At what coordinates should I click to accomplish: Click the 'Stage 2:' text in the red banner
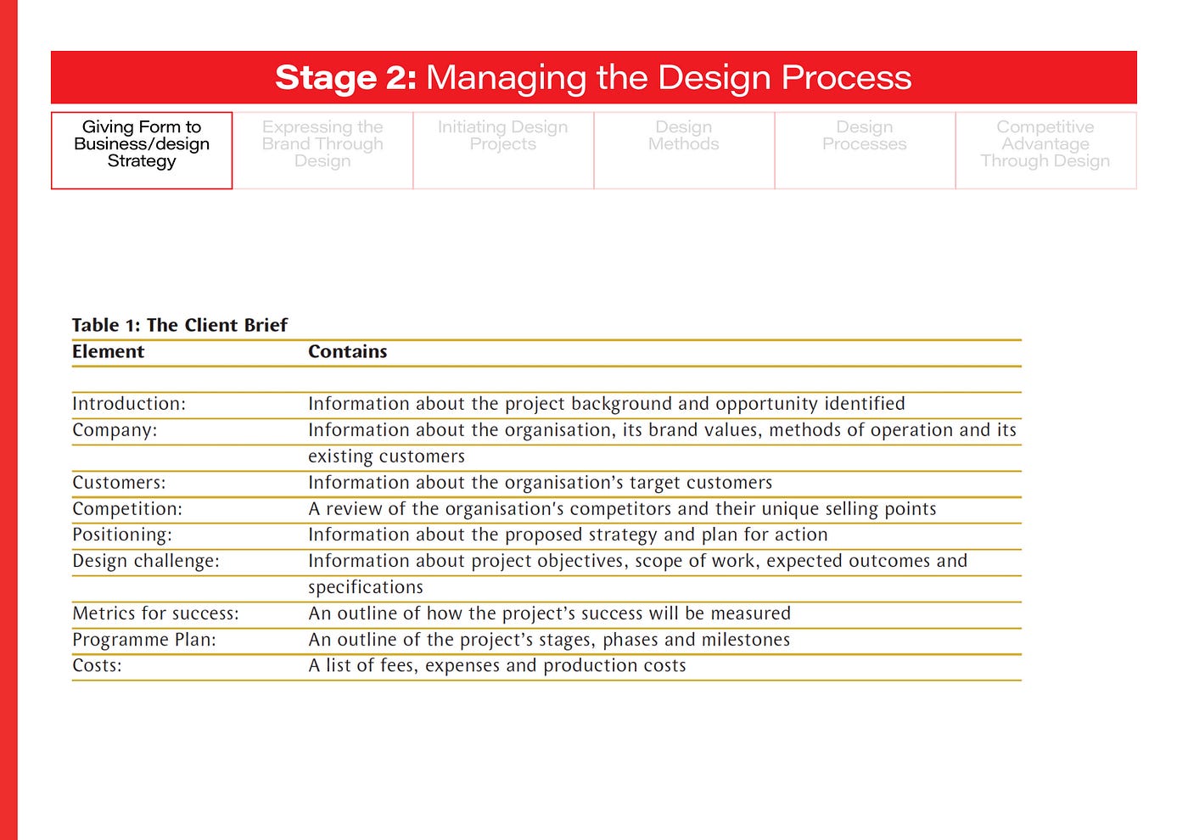(345, 77)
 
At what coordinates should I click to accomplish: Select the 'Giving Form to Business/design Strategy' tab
(142, 149)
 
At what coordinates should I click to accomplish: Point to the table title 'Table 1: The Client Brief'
(180, 325)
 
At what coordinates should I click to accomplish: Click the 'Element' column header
(108, 351)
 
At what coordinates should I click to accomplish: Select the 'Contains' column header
(347, 351)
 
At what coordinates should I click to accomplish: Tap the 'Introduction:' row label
(129, 404)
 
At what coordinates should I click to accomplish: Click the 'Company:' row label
(115, 430)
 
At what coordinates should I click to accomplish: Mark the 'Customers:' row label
(119, 483)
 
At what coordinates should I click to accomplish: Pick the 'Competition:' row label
(127, 509)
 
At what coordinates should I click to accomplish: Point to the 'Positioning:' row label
(122, 535)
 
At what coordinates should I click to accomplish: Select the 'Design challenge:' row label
(146, 561)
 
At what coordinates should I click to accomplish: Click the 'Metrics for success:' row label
(155, 613)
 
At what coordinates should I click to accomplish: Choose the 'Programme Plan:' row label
(144, 640)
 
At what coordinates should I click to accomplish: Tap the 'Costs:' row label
(97, 666)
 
